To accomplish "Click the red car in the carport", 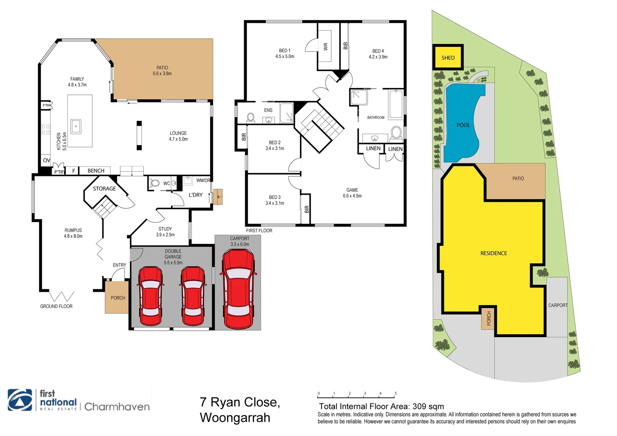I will coord(238,288).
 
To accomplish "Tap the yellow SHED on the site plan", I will coord(448,57).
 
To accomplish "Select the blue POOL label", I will coord(463,125).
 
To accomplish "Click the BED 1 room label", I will coord(284,51).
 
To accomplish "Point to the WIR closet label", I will coord(326,46).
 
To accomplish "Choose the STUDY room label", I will coord(165,229).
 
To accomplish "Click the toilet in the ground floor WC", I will coord(155,183).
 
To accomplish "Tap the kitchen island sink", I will coord(76,126).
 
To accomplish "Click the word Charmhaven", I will coord(117,407).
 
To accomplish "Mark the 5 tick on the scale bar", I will coord(395,394).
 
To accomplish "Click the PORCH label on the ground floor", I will coord(118,298).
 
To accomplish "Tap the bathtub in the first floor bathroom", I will coord(396,104).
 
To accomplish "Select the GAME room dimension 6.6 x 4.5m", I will coord(352,196).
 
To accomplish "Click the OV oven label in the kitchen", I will coord(46,160).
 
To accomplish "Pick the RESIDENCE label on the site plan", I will coord(494,253).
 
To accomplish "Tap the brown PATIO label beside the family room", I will coord(162,68).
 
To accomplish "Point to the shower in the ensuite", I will coord(287,113).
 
